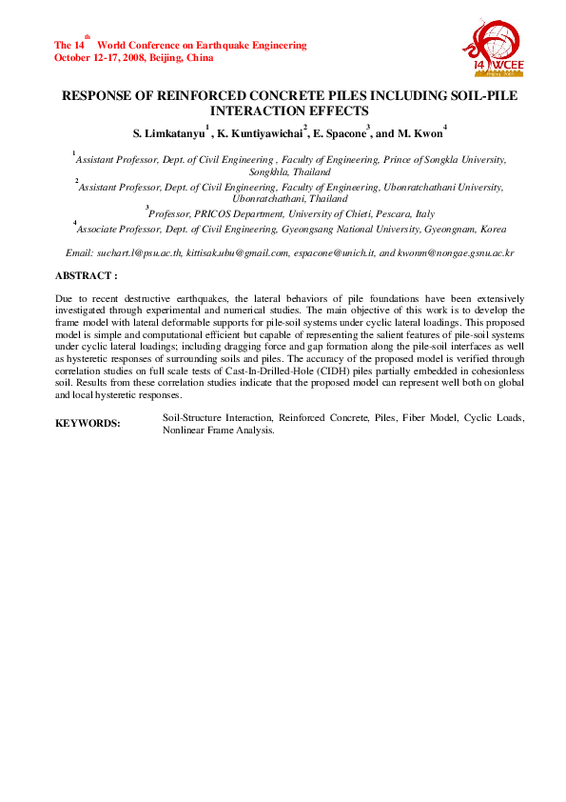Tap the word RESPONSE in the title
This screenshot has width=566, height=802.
[95, 97]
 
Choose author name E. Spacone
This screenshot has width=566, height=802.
[340, 130]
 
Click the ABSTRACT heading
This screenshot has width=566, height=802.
[87, 275]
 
